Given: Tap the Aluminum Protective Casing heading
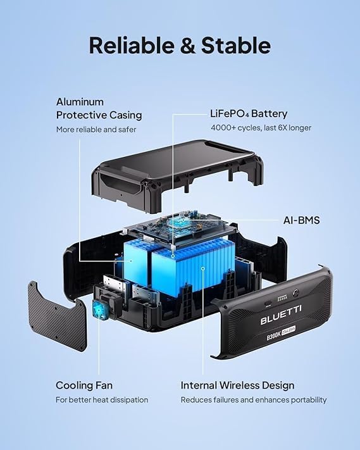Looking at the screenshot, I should (x=99, y=108).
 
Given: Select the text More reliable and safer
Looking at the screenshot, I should (x=96, y=130).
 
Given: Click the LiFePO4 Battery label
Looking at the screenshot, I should (x=249, y=114).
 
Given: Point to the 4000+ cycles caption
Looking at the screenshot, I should (x=261, y=128).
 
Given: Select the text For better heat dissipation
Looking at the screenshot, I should (x=102, y=400).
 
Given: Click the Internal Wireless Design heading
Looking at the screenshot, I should (x=237, y=385).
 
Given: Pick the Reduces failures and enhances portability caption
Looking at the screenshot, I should (x=254, y=400).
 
